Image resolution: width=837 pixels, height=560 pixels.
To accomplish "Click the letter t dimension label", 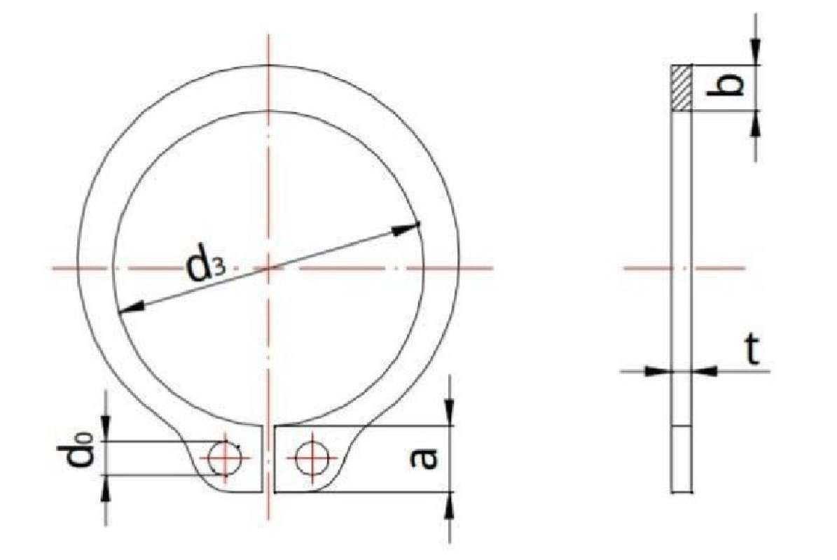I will point(752,352).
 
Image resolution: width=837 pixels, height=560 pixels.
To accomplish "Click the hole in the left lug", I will point(224,458).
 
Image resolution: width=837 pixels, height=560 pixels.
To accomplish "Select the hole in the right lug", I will point(309,458).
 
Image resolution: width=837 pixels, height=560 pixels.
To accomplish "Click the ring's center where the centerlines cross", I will point(267,267).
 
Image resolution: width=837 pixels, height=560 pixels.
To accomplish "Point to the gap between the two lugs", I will point(270,458).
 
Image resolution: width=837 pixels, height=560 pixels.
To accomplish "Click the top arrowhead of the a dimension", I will point(450,413).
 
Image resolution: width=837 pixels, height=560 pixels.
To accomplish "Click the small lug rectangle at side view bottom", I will point(682,458).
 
